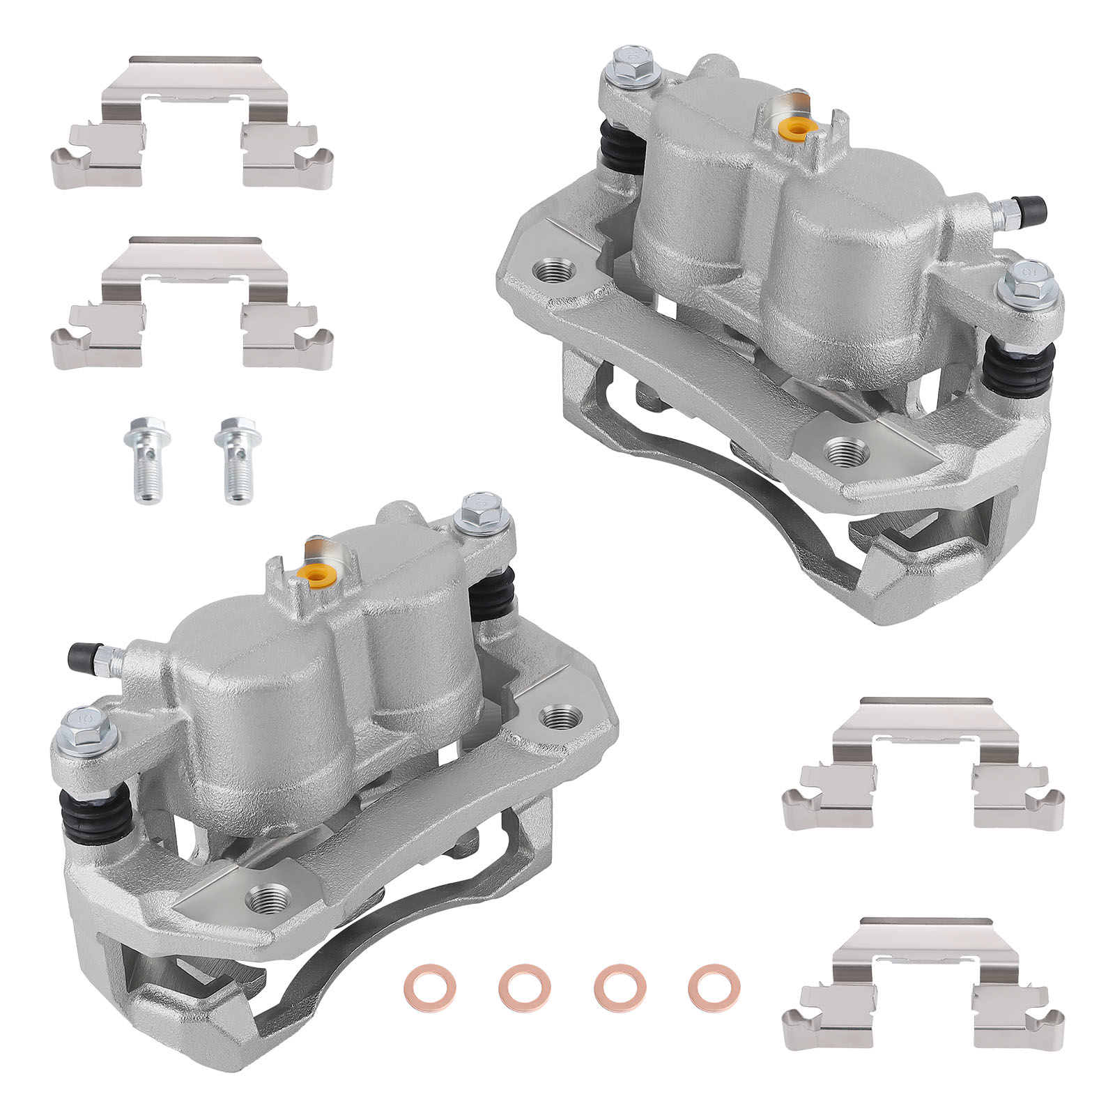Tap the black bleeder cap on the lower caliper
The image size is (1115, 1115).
[x=82, y=654]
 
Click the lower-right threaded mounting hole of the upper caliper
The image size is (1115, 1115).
[x=847, y=452]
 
